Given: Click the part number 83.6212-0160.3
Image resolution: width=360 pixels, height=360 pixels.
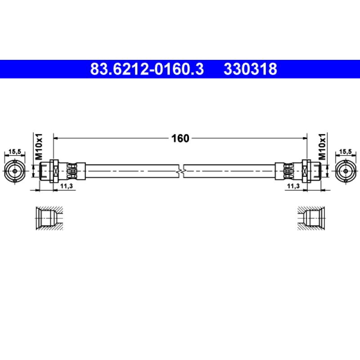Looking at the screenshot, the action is pos(147,69).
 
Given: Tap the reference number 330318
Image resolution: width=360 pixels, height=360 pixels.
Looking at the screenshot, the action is pos(251,69).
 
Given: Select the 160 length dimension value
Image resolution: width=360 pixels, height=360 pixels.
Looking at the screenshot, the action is pos(180,139).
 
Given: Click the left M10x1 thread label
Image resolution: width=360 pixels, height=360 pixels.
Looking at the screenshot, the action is pos(39,147).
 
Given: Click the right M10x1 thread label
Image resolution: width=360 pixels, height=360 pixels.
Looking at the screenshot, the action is pos(322,147).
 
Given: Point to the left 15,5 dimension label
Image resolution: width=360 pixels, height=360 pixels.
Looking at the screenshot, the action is pos(15,152).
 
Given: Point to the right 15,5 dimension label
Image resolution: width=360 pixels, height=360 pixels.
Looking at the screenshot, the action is pos(345,152).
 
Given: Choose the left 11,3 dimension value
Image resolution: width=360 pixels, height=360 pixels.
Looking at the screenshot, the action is pos(66,186).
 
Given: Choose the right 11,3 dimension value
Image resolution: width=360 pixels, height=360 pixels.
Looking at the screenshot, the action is pos(293,186).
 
